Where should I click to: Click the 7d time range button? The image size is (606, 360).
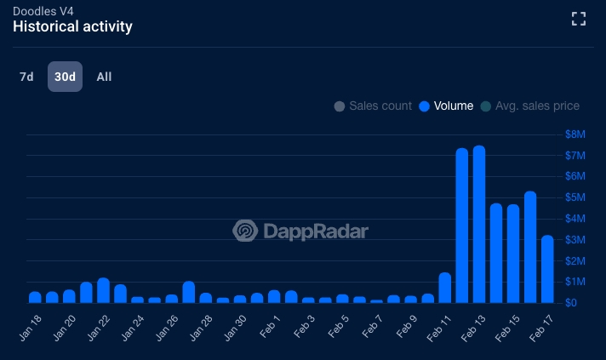tap(26, 77)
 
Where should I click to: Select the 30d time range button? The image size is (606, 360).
tap(65, 77)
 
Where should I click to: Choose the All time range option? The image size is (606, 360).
tap(104, 77)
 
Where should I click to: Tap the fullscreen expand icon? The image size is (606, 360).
tap(579, 19)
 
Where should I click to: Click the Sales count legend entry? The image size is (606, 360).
tap(373, 106)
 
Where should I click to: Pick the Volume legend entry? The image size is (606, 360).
tap(446, 106)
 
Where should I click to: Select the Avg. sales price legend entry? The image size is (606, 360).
tap(530, 106)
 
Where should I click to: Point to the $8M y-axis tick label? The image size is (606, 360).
tap(575, 134)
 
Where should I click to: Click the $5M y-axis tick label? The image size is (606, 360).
tap(575, 197)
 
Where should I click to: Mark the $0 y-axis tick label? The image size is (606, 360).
tap(571, 302)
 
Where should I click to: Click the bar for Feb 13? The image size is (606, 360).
tap(479, 224)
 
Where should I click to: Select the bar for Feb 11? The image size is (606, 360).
tap(445, 288)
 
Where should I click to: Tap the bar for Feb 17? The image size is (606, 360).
tap(547, 269)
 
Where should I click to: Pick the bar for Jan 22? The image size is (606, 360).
tap(103, 290)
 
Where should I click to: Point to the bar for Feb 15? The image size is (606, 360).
tap(513, 254)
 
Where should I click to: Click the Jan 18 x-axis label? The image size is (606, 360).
tap(30, 328)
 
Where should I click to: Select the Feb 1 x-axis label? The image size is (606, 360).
tap(270, 327)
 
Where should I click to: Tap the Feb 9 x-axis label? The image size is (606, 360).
tap(407, 327)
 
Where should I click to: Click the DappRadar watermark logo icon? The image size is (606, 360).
tap(245, 231)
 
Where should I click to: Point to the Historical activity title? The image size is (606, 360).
tap(72, 26)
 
